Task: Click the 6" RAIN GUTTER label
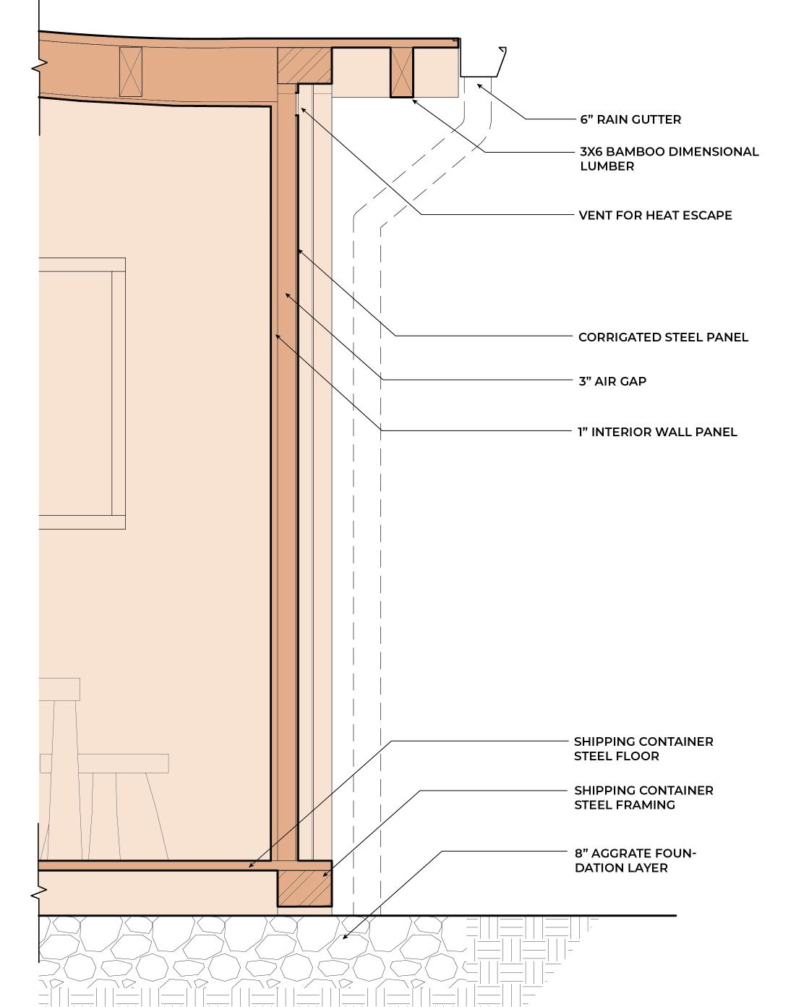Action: tap(630, 119)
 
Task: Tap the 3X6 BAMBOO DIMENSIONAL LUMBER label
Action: tap(669, 158)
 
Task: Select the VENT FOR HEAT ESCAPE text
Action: tap(655, 215)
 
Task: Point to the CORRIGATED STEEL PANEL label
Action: tap(663, 337)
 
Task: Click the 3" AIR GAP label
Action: tap(612, 381)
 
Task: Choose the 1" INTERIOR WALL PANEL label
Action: tap(657, 432)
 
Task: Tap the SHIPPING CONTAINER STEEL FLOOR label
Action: tap(643, 749)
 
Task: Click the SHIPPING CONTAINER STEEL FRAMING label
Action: tap(643, 797)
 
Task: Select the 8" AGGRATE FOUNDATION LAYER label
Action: tap(635, 860)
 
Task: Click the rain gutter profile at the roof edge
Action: tap(482, 65)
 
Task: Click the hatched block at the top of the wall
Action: tap(304, 65)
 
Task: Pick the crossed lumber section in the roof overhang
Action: tap(402, 72)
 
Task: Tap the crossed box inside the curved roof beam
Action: tap(131, 71)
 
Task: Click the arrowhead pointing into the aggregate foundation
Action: tap(345, 938)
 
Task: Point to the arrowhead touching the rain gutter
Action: tap(479, 86)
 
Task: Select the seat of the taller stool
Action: tap(59, 689)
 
